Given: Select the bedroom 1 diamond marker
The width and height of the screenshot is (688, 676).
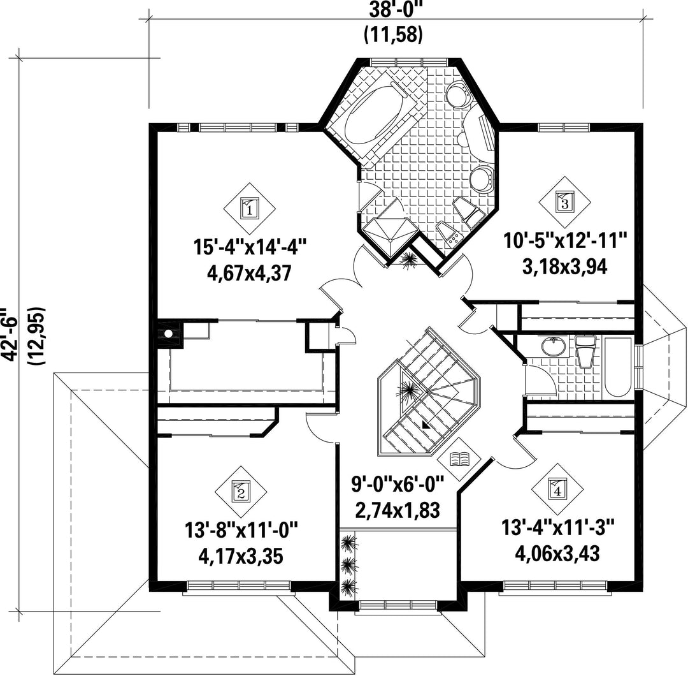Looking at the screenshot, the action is pos(250,208).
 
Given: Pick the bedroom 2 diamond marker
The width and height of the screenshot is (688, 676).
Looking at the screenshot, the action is pos(241,491).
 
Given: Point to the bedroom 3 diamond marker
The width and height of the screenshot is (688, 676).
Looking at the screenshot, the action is pos(564,203).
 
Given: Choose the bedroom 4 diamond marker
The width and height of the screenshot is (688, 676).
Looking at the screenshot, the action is pos(557,489).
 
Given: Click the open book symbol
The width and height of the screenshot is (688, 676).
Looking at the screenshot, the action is pos(460,459).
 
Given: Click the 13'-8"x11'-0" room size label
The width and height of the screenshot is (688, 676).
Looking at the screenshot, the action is pos(241,530).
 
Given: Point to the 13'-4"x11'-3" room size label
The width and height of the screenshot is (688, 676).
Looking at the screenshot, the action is pos(557,527).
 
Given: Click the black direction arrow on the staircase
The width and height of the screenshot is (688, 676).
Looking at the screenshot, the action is pos(424,424).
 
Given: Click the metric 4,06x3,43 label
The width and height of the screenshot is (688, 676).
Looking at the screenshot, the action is pos(557,554).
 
